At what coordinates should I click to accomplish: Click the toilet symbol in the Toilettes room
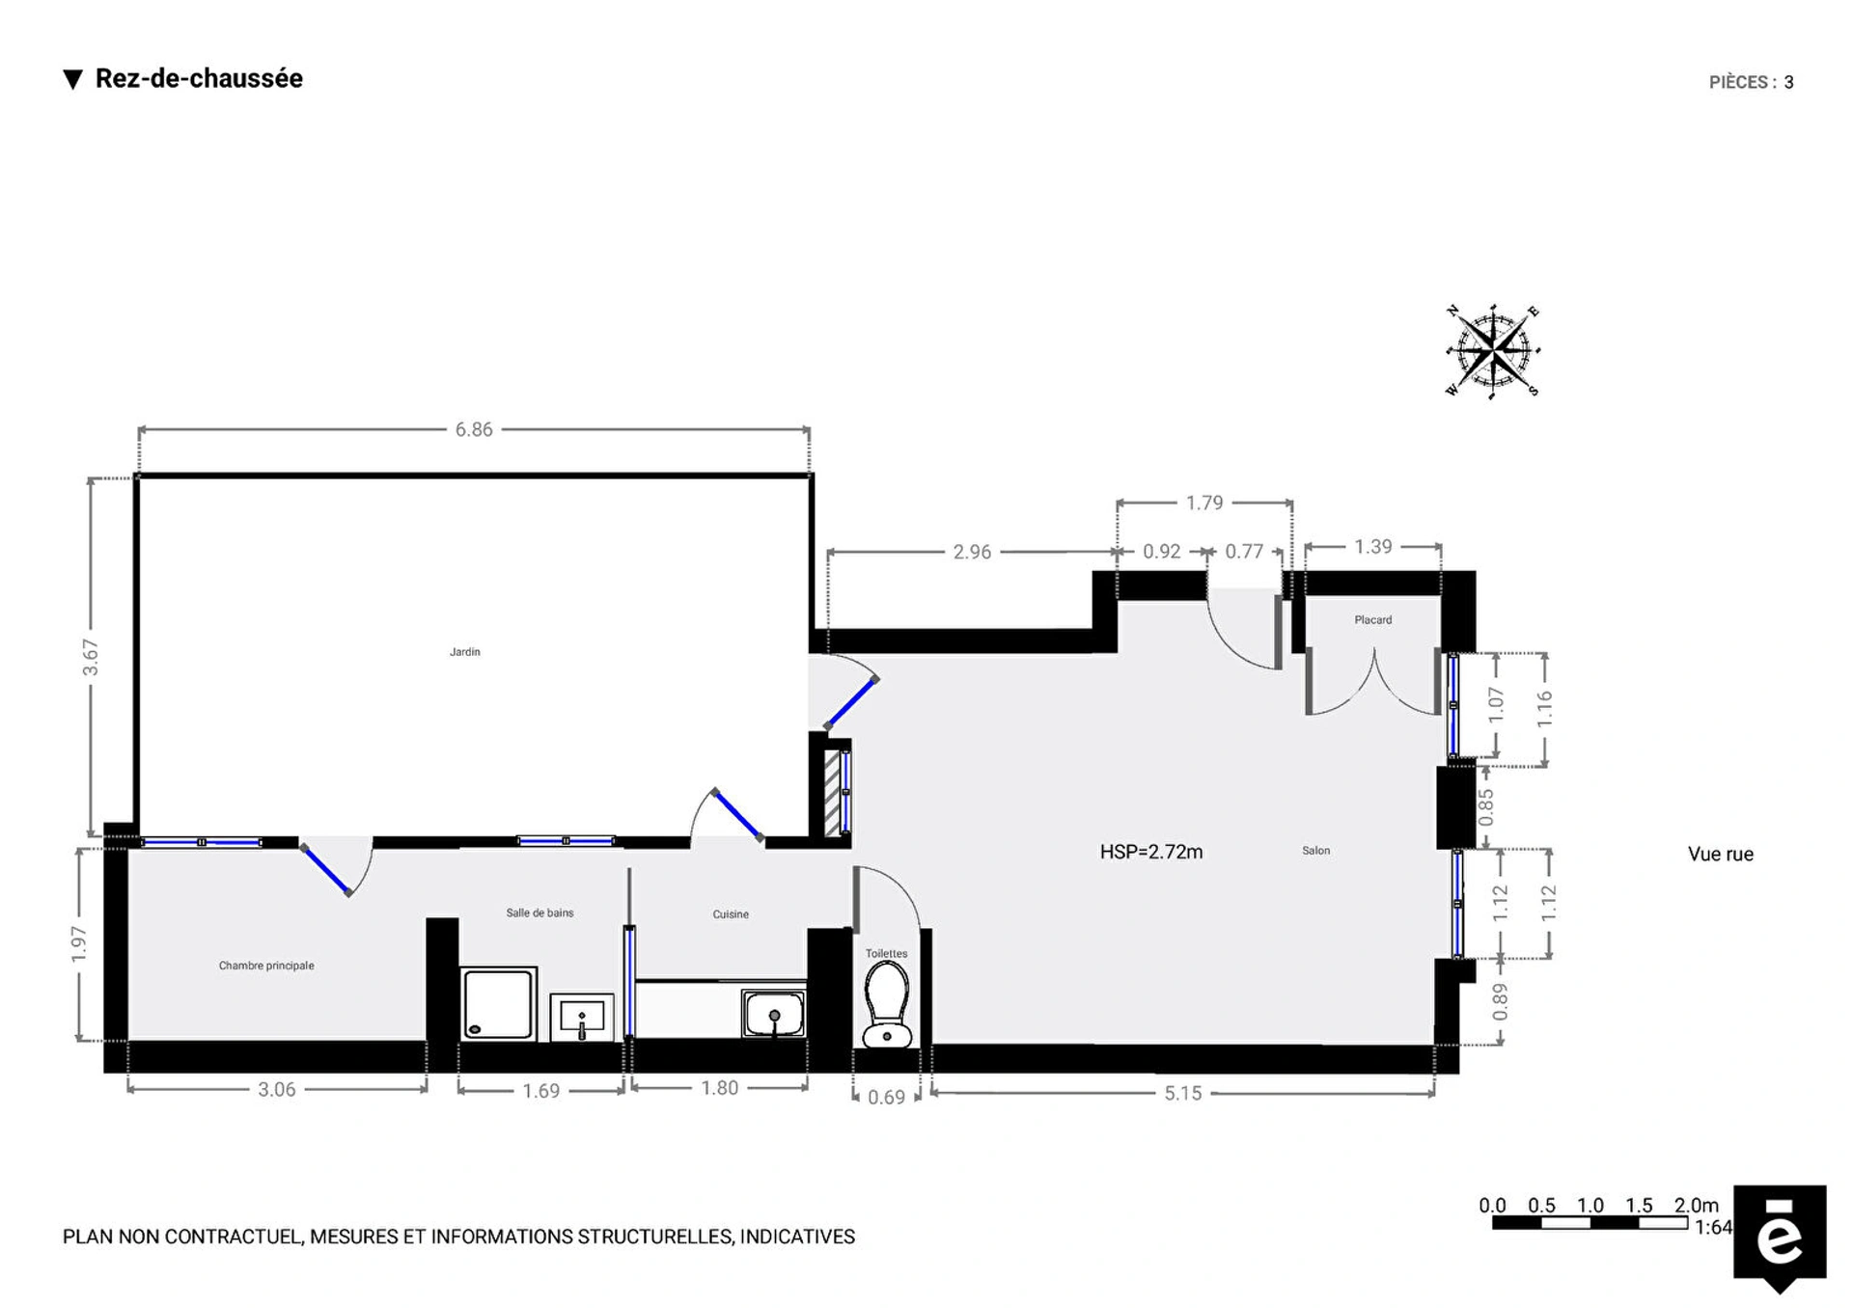(887, 1005)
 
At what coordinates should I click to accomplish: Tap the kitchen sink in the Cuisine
(773, 1014)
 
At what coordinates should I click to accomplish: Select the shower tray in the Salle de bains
(498, 1003)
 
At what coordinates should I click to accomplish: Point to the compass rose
(1492, 350)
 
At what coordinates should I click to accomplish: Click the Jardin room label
(464, 652)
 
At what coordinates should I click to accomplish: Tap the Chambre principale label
(266, 966)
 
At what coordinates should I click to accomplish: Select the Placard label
(1372, 620)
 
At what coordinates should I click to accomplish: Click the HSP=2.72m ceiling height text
(1151, 852)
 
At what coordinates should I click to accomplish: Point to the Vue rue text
(1720, 854)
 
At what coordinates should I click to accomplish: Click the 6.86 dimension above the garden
(474, 430)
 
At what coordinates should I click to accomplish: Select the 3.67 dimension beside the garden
(91, 657)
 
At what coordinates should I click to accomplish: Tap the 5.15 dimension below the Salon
(1182, 1093)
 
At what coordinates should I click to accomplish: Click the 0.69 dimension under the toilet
(886, 1098)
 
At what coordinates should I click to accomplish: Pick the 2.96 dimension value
(972, 552)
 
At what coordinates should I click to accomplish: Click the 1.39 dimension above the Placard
(1372, 547)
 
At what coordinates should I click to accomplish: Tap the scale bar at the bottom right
(1590, 1223)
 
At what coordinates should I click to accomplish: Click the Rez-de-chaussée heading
(199, 79)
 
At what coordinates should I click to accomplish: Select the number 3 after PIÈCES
(1788, 83)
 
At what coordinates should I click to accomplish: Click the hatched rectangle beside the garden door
(831, 793)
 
